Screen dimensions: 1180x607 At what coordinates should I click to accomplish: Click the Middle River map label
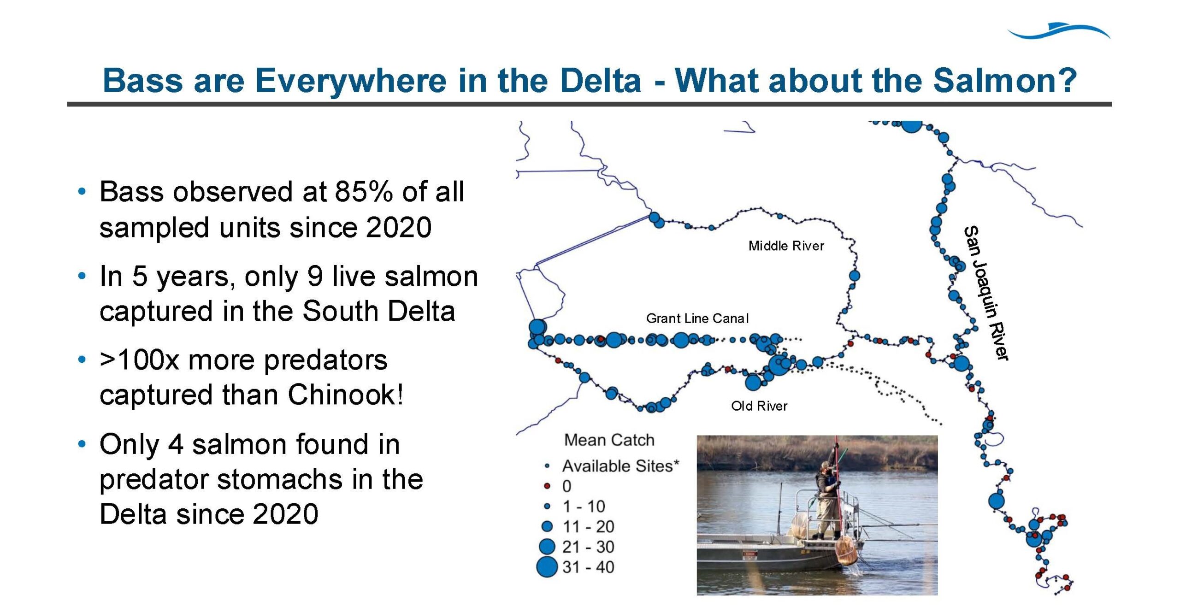coord(786,246)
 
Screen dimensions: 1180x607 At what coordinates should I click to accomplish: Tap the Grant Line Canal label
coord(697,318)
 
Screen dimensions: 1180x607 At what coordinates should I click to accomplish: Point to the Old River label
coord(759,406)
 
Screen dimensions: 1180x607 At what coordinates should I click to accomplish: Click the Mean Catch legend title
coord(609,440)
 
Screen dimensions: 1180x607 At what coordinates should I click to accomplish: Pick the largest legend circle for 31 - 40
coord(547,567)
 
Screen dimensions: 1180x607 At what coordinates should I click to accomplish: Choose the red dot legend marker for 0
coord(547,486)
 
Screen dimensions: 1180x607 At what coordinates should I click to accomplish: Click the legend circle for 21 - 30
coord(547,547)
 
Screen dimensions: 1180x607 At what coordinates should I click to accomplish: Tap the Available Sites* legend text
coord(620,466)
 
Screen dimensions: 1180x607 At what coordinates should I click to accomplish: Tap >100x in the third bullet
coord(139,360)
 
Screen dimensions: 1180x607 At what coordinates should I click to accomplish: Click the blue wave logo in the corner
coord(1059,30)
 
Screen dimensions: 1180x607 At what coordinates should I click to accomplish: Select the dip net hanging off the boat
coord(846,551)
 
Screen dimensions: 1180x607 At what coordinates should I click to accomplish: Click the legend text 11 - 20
coord(588,526)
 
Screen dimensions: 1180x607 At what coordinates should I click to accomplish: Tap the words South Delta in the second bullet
coord(379,311)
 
